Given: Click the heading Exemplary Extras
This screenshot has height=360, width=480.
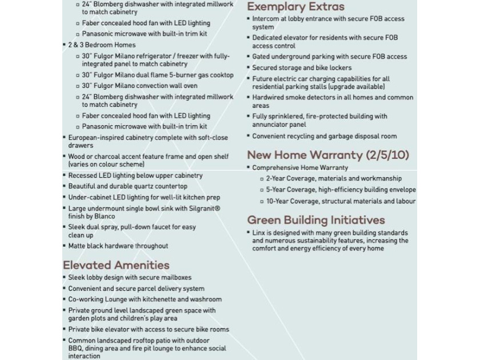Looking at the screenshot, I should [295, 7].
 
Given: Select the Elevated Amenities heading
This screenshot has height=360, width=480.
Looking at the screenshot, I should [116, 265].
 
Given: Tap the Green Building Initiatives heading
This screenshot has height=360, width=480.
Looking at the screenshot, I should [316, 220].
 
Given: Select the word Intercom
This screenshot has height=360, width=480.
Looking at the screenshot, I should [266, 19].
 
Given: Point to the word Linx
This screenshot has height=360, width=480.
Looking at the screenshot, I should [259, 233].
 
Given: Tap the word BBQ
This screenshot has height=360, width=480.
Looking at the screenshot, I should [75, 348].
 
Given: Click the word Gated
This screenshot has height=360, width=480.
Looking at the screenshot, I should [262, 57].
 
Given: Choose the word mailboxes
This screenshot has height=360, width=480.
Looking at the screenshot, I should [175, 278].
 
